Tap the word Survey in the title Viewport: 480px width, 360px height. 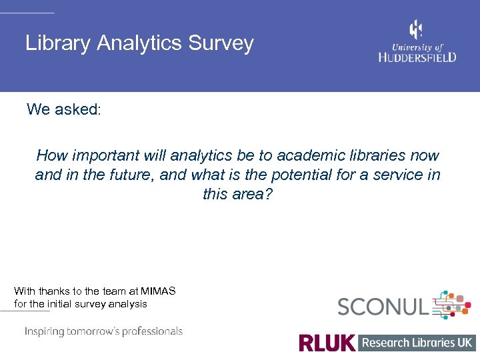[x=221, y=44]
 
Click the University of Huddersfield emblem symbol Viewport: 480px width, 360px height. [x=416, y=30]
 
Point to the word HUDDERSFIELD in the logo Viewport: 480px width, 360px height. [x=417, y=57]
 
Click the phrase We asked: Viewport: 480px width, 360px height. [x=64, y=109]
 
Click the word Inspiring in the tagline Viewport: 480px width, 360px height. [x=45, y=331]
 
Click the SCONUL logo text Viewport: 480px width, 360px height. [x=383, y=307]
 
